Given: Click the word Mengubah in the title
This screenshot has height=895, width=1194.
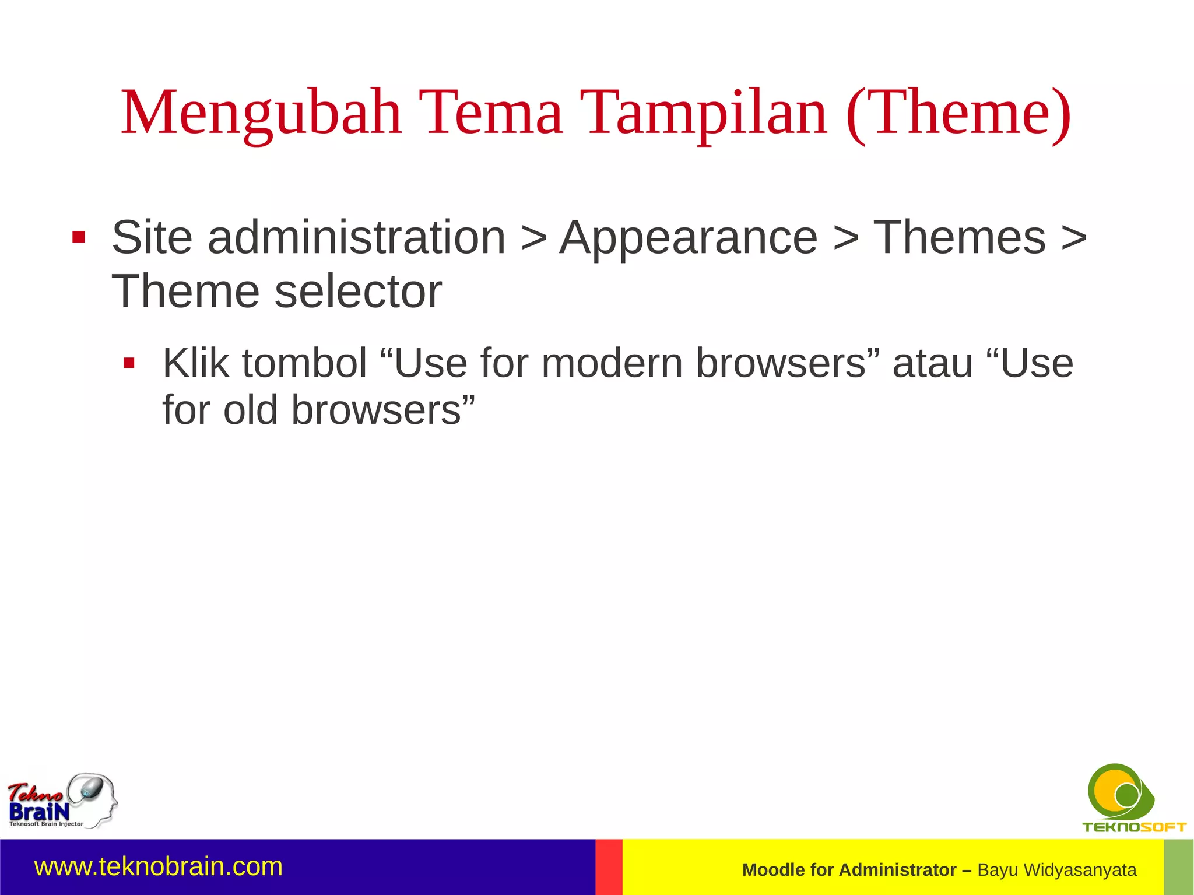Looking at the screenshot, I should [x=261, y=114].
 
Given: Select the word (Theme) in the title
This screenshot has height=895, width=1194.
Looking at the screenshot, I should [x=958, y=114].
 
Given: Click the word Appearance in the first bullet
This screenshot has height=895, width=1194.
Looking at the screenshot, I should [x=688, y=238].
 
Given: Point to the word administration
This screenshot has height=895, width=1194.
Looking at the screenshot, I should [x=356, y=237].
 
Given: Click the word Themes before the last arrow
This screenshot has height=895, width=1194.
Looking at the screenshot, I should [x=959, y=237].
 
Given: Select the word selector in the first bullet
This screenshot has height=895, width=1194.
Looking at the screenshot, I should [x=357, y=292].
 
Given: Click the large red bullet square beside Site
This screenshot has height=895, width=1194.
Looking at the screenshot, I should [x=79, y=238].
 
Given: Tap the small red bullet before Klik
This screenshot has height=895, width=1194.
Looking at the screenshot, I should [x=129, y=364].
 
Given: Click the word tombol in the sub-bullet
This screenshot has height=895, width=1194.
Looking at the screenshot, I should [x=304, y=363].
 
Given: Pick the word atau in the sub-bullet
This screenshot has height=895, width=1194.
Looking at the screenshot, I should [x=933, y=363].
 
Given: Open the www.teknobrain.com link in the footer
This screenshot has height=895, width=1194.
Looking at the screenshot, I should [x=159, y=867].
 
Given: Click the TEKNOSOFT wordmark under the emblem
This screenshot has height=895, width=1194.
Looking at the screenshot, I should [x=1134, y=827].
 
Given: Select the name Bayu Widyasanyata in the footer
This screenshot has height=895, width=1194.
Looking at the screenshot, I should [x=1056, y=870].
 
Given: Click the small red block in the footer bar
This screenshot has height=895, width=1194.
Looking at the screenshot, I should [x=609, y=867].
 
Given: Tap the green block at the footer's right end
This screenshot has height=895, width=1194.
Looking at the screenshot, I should [x=1178, y=867].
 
